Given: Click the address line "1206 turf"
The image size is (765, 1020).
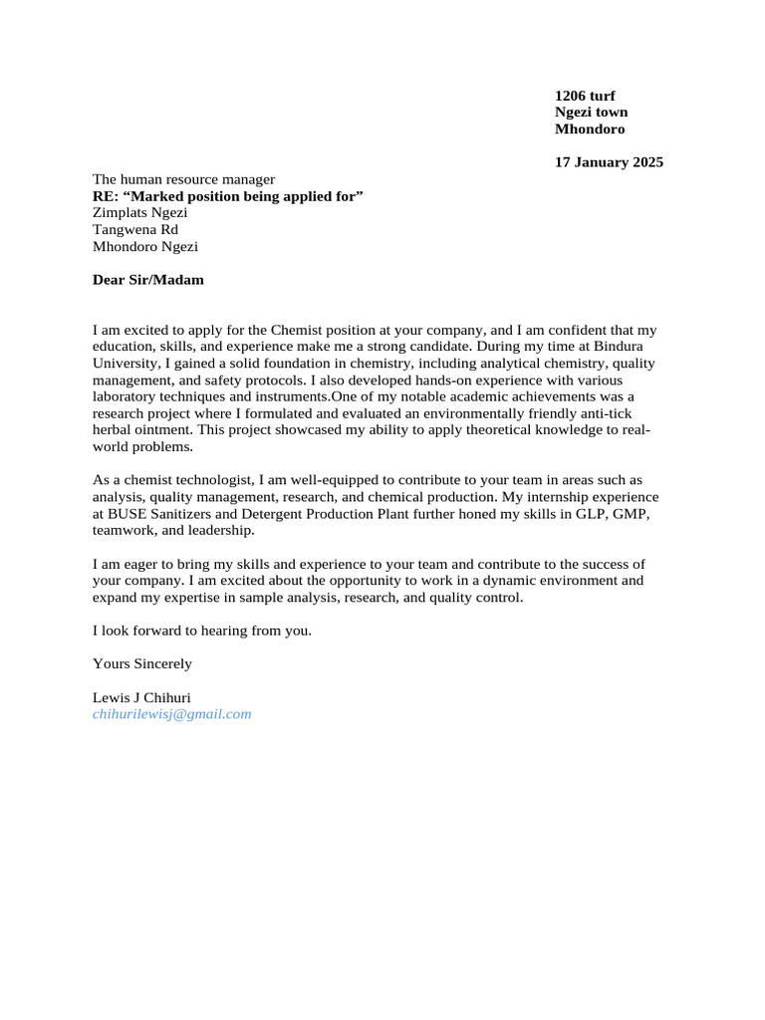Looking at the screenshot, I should (585, 96).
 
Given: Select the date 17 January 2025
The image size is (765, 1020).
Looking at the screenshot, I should (609, 162).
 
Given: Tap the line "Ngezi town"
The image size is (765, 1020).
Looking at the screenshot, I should (591, 113).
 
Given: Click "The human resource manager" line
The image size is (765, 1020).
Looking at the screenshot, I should (183, 179).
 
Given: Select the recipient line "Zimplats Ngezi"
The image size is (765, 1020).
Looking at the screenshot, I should (139, 213).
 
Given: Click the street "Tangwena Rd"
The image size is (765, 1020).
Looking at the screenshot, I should (135, 230).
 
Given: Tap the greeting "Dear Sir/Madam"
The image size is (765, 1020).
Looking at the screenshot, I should (147, 280).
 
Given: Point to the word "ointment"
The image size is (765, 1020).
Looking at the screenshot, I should (160, 430).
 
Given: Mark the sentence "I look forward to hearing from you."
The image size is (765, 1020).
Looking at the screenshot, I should (202, 631).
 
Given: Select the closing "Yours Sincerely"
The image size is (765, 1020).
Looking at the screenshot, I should (142, 663).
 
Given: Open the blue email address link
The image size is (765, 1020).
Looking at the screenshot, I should (171, 714).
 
